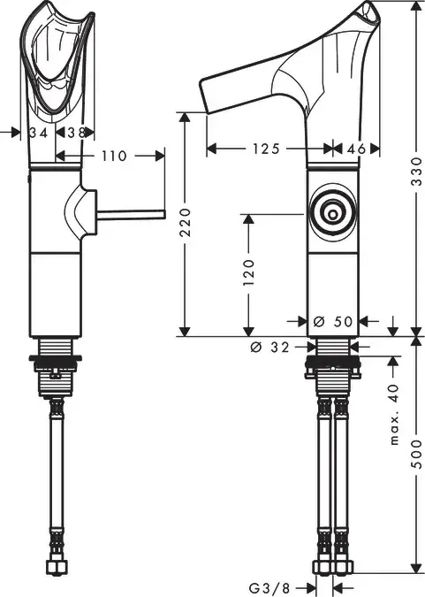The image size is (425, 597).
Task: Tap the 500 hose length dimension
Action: click(x=417, y=455)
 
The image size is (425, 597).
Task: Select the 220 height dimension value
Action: click(x=186, y=222)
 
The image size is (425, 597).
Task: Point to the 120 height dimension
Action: click(x=248, y=273)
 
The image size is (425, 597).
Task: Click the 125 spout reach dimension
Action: click(x=266, y=149)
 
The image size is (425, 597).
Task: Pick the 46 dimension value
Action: click(x=356, y=149)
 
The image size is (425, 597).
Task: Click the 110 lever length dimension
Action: click(x=114, y=156)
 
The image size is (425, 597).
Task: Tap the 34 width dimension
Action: click(x=39, y=133)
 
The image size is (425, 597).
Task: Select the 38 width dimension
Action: click(x=77, y=133)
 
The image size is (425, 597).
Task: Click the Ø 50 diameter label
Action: click(x=333, y=322)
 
